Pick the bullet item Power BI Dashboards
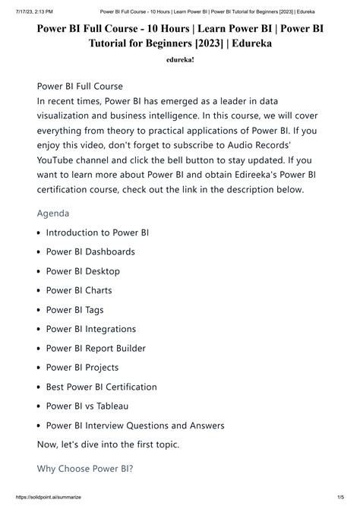[x=90, y=251]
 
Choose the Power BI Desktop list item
[x=83, y=271]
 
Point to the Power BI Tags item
[x=75, y=310]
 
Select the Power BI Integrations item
[x=91, y=329]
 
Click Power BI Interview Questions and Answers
[x=135, y=426]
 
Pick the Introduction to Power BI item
[x=97, y=232]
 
